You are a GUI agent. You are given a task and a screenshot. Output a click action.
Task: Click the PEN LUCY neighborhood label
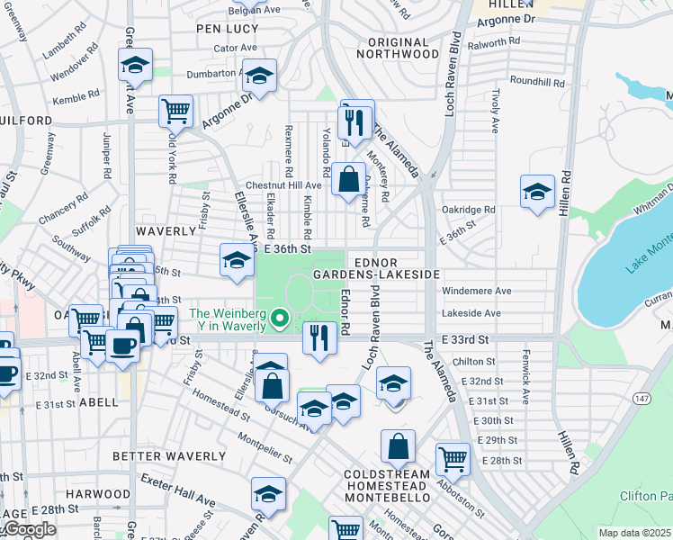click(228, 29)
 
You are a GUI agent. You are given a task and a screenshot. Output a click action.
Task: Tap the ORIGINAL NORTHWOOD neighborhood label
click(397, 48)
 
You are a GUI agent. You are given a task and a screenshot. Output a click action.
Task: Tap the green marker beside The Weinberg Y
click(280, 318)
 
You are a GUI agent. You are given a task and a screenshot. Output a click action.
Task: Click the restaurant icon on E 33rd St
click(319, 337)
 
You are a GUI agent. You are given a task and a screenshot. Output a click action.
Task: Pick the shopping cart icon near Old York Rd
click(176, 112)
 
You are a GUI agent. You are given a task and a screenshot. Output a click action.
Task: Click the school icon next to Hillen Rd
click(537, 191)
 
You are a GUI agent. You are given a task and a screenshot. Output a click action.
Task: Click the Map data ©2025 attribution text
click(635, 533)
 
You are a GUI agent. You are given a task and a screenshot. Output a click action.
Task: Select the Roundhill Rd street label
click(538, 82)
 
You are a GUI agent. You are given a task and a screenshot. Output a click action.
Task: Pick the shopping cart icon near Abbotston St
click(453, 459)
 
